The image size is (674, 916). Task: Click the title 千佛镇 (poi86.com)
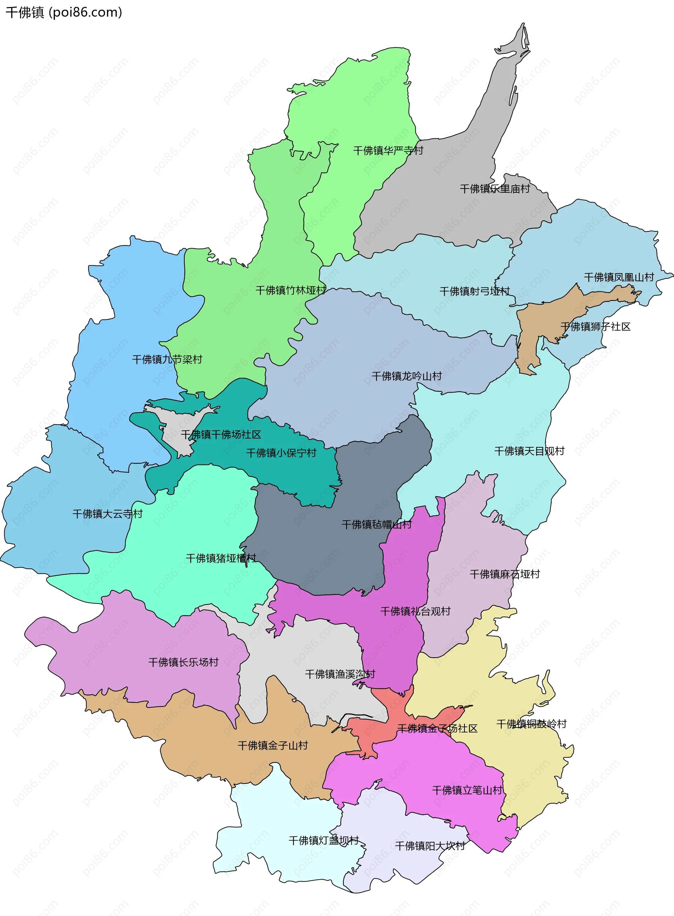(x=64, y=12)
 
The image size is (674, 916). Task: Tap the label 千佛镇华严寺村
(x=388, y=151)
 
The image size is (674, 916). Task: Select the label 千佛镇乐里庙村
(x=495, y=189)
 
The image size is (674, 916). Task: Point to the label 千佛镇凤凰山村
(x=619, y=277)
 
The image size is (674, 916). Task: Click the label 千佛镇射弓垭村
(x=475, y=291)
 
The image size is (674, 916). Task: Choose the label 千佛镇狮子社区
(x=595, y=327)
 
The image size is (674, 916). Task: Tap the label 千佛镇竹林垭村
(x=291, y=290)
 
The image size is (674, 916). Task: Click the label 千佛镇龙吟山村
(x=407, y=376)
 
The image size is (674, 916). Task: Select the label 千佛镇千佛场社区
(x=221, y=435)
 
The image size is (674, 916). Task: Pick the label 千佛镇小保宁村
(x=281, y=453)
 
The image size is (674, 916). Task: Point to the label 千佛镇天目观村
(x=529, y=451)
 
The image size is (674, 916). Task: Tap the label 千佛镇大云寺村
(x=107, y=514)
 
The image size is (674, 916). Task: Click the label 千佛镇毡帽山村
(x=377, y=525)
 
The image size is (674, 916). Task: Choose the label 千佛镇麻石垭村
(x=505, y=574)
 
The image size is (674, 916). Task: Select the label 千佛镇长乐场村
(x=183, y=662)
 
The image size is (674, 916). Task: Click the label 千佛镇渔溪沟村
(x=340, y=674)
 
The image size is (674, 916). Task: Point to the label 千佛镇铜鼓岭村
(x=531, y=724)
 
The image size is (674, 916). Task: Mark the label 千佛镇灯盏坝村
(x=324, y=841)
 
